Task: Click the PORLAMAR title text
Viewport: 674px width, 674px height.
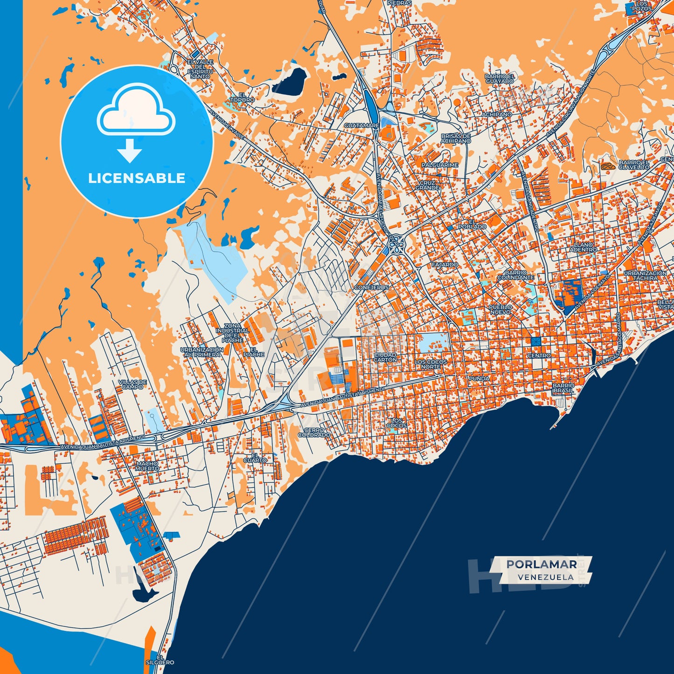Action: [x=541, y=564]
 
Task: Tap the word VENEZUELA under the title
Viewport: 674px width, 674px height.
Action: [x=545, y=577]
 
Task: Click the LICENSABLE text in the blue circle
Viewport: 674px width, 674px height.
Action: [x=137, y=178]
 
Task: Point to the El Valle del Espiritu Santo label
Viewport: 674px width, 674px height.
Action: [x=201, y=69]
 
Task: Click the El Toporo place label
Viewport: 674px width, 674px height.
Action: [x=242, y=97]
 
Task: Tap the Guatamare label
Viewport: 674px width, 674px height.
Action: [x=361, y=125]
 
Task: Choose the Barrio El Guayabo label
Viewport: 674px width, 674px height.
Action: [x=499, y=78]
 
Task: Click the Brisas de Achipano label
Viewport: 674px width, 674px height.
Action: [x=456, y=138]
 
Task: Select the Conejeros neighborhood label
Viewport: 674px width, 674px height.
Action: [x=371, y=287]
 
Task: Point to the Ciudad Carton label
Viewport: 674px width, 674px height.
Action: [x=385, y=357]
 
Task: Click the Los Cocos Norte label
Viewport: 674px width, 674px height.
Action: [x=431, y=364]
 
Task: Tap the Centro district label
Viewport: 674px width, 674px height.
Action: [x=539, y=355]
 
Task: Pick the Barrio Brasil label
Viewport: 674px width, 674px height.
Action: [x=563, y=388]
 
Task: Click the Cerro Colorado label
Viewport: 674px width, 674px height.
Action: [x=314, y=432]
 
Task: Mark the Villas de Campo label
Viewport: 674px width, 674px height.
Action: [x=132, y=384]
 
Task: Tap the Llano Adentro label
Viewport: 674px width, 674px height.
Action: [x=583, y=247]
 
